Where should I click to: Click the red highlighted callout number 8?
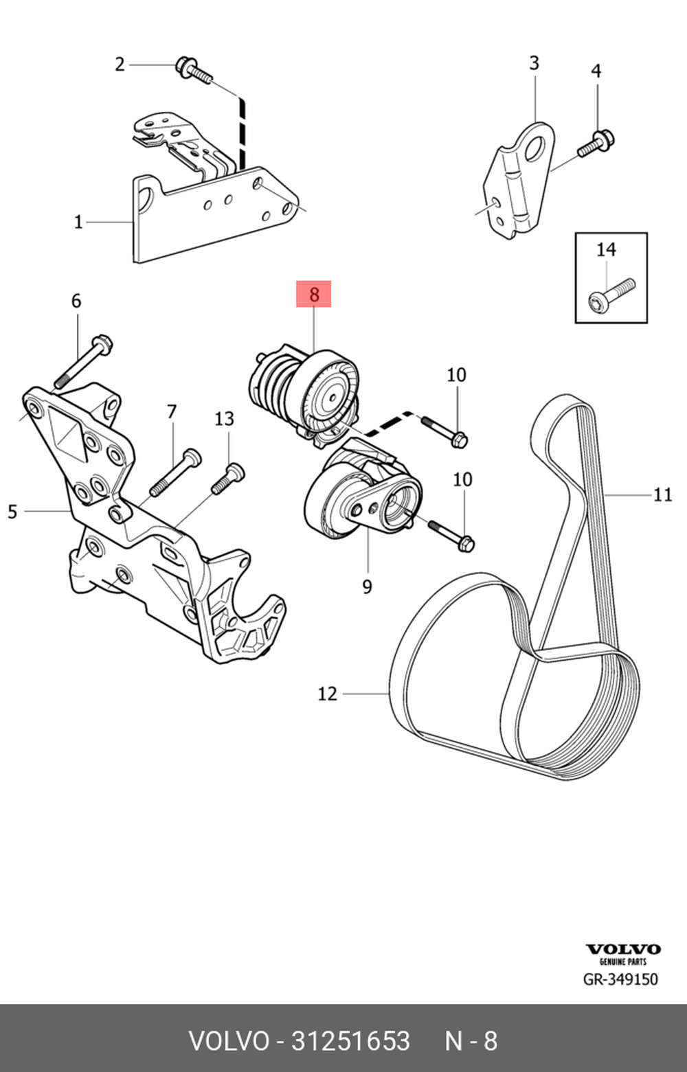click(x=313, y=294)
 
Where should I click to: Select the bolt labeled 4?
click(x=596, y=144)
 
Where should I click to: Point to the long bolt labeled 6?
click(x=83, y=361)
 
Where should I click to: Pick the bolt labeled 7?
click(x=174, y=472)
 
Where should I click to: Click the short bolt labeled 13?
click(x=228, y=479)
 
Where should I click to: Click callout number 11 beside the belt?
click(x=662, y=494)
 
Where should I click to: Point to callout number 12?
click(x=328, y=694)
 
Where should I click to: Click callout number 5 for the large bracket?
click(x=12, y=512)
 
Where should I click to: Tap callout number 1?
click(x=78, y=222)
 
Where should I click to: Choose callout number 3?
click(x=534, y=62)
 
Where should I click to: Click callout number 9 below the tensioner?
click(x=367, y=586)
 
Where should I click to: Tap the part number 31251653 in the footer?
click(x=350, y=1040)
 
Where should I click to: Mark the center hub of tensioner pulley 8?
click(x=331, y=397)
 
